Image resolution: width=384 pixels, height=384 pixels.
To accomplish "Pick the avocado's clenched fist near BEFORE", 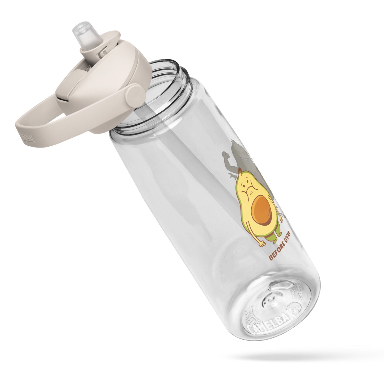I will coord(262,243).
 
